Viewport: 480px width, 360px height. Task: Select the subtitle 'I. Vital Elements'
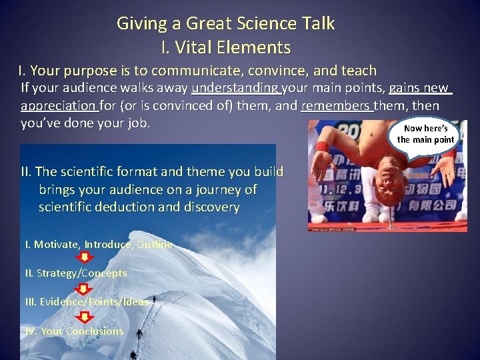(x=225, y=47)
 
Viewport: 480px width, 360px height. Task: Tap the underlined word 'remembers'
(x=337, y=105)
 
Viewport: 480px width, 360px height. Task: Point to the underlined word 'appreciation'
(x=59, y=105)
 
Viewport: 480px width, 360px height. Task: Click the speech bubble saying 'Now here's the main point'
(x=426, y=134)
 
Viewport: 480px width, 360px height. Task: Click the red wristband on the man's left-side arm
(x=323, y=146)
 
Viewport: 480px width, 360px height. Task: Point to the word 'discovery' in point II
(x=206, y=207)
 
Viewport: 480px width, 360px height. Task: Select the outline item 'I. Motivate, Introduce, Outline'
(x=99, y=245)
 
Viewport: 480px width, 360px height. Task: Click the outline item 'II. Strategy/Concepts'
(x=75, y=273)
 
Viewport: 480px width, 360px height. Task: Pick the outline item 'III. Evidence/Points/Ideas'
(x=87, y=301)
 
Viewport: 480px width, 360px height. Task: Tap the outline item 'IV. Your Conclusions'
(x=74, y=331)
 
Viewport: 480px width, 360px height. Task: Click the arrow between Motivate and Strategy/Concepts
(x=85, y=259)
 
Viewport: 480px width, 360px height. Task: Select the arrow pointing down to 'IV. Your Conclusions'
(x=85, y=316)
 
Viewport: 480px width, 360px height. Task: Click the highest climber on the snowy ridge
(x=155, y=299)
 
